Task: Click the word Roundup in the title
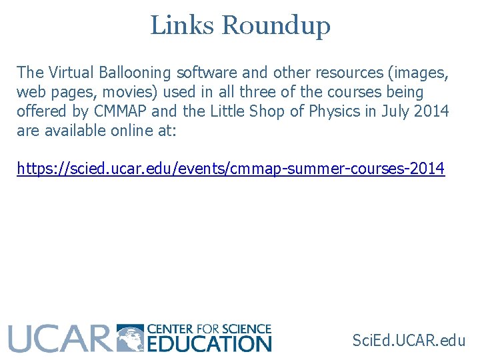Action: [x=275, y=26]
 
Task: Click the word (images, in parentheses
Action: [x=417, y=72]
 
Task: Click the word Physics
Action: [x=335, y=111]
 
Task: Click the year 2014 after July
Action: [x=431, y=111]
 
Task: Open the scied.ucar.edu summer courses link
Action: [x=231, y=169]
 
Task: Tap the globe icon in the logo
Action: [x=130, y=338]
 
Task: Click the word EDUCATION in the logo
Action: [x=209, y=344]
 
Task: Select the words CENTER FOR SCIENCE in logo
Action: [x=209, y=329]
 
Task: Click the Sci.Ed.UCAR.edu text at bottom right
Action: [x=409, y=341]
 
